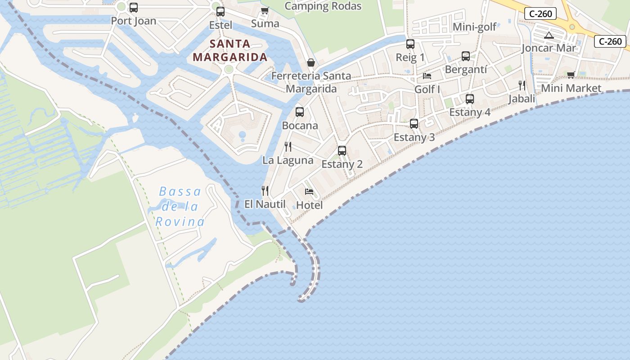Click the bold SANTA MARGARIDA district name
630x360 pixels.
coord(230,50)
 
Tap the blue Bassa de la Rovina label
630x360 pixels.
coord(180,207)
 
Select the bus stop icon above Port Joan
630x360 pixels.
coord(134,8)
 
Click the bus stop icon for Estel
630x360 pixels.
coord(220,12)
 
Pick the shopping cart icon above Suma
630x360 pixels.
coord(265,10)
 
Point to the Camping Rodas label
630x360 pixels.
coord(323,6)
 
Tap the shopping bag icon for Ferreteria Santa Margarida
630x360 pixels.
coord(310,63)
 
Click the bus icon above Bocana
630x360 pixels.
coord(300,112)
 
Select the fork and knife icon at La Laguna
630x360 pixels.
coord(288,146)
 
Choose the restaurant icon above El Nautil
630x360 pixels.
coord(265,191)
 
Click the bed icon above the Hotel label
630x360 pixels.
coord(309,192)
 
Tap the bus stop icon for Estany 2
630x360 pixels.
coord(342,151)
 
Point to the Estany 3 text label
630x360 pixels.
coord(414,137)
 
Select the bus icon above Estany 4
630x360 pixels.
coord(470,99)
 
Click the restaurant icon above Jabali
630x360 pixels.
coord(522,85)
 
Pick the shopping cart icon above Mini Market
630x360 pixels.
coord(571,75)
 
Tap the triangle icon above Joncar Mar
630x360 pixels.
coord(549,35)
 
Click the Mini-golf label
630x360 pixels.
coord(474,27)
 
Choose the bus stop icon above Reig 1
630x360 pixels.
coord(410,44)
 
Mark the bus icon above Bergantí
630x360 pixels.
coord(466,56)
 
